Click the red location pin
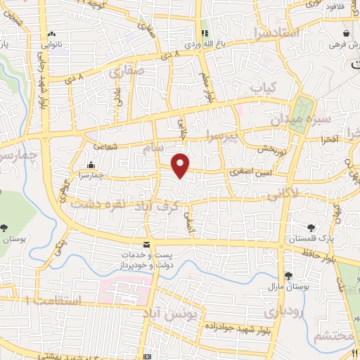tap(181, 165)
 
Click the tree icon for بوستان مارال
tap(288, 276)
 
